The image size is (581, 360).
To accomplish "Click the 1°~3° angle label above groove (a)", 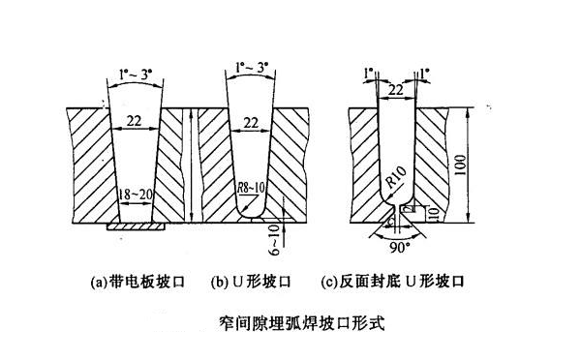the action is point(136,75).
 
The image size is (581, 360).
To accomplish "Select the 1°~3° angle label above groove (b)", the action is point(252,68).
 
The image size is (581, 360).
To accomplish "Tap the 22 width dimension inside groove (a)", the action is point(135,121).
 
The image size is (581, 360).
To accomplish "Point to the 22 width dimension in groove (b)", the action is point(251,123).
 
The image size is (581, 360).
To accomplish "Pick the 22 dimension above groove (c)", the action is point(395,90).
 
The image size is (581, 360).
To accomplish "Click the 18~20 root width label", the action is point(136,195).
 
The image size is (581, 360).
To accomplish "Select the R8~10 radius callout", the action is point(251,188).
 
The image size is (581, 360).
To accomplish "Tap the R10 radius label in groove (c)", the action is point(395,176).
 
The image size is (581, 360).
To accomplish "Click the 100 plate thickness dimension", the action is point(460,165).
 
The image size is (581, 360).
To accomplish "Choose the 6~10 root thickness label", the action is point(274,240).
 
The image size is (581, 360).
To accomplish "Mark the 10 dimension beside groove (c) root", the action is point(434,214).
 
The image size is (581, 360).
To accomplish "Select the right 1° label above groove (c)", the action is point(425,74).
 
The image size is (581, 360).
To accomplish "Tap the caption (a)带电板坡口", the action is point(138,283).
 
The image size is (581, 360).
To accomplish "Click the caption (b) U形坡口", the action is point(251,283).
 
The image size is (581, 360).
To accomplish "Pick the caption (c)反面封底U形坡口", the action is point(392,282).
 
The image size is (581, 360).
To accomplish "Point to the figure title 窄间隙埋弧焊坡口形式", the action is point(302,322).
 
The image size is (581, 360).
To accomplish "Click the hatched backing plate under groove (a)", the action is point(136,226).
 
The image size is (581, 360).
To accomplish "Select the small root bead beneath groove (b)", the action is point(252,220).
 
